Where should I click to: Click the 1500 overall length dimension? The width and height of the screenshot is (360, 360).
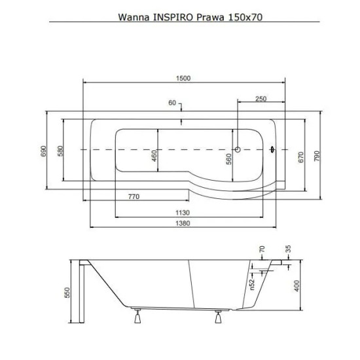coord(183,79)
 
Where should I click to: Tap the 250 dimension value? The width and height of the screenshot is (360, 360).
coord(261,99)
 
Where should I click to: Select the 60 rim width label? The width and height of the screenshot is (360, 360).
coord(172,103)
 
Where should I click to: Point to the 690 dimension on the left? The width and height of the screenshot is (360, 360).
coord(44,151)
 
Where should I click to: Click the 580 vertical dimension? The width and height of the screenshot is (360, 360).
coord(60,151)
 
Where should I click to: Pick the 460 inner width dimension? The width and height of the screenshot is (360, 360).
coord(154,156)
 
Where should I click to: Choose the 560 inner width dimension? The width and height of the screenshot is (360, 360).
coord(229,159)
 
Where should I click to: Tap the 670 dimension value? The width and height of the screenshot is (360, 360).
coord(301,157)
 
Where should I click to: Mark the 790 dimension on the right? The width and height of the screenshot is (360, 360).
coord(317,156)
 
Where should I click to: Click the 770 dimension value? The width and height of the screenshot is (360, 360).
coord(134,196)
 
